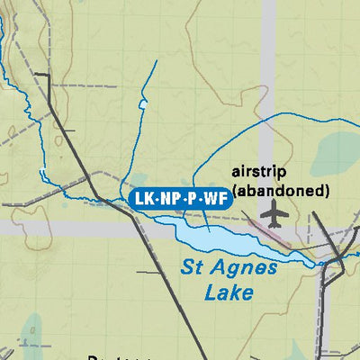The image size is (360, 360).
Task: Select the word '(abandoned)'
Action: click(280, 190)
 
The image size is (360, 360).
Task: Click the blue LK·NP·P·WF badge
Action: click(177, 198)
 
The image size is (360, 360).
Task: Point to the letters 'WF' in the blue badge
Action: click(213, 198)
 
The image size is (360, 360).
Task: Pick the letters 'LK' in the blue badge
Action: click(143, 198)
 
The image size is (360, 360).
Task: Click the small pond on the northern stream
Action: click(142, 104)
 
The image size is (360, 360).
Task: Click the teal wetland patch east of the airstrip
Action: click(335, 153)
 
